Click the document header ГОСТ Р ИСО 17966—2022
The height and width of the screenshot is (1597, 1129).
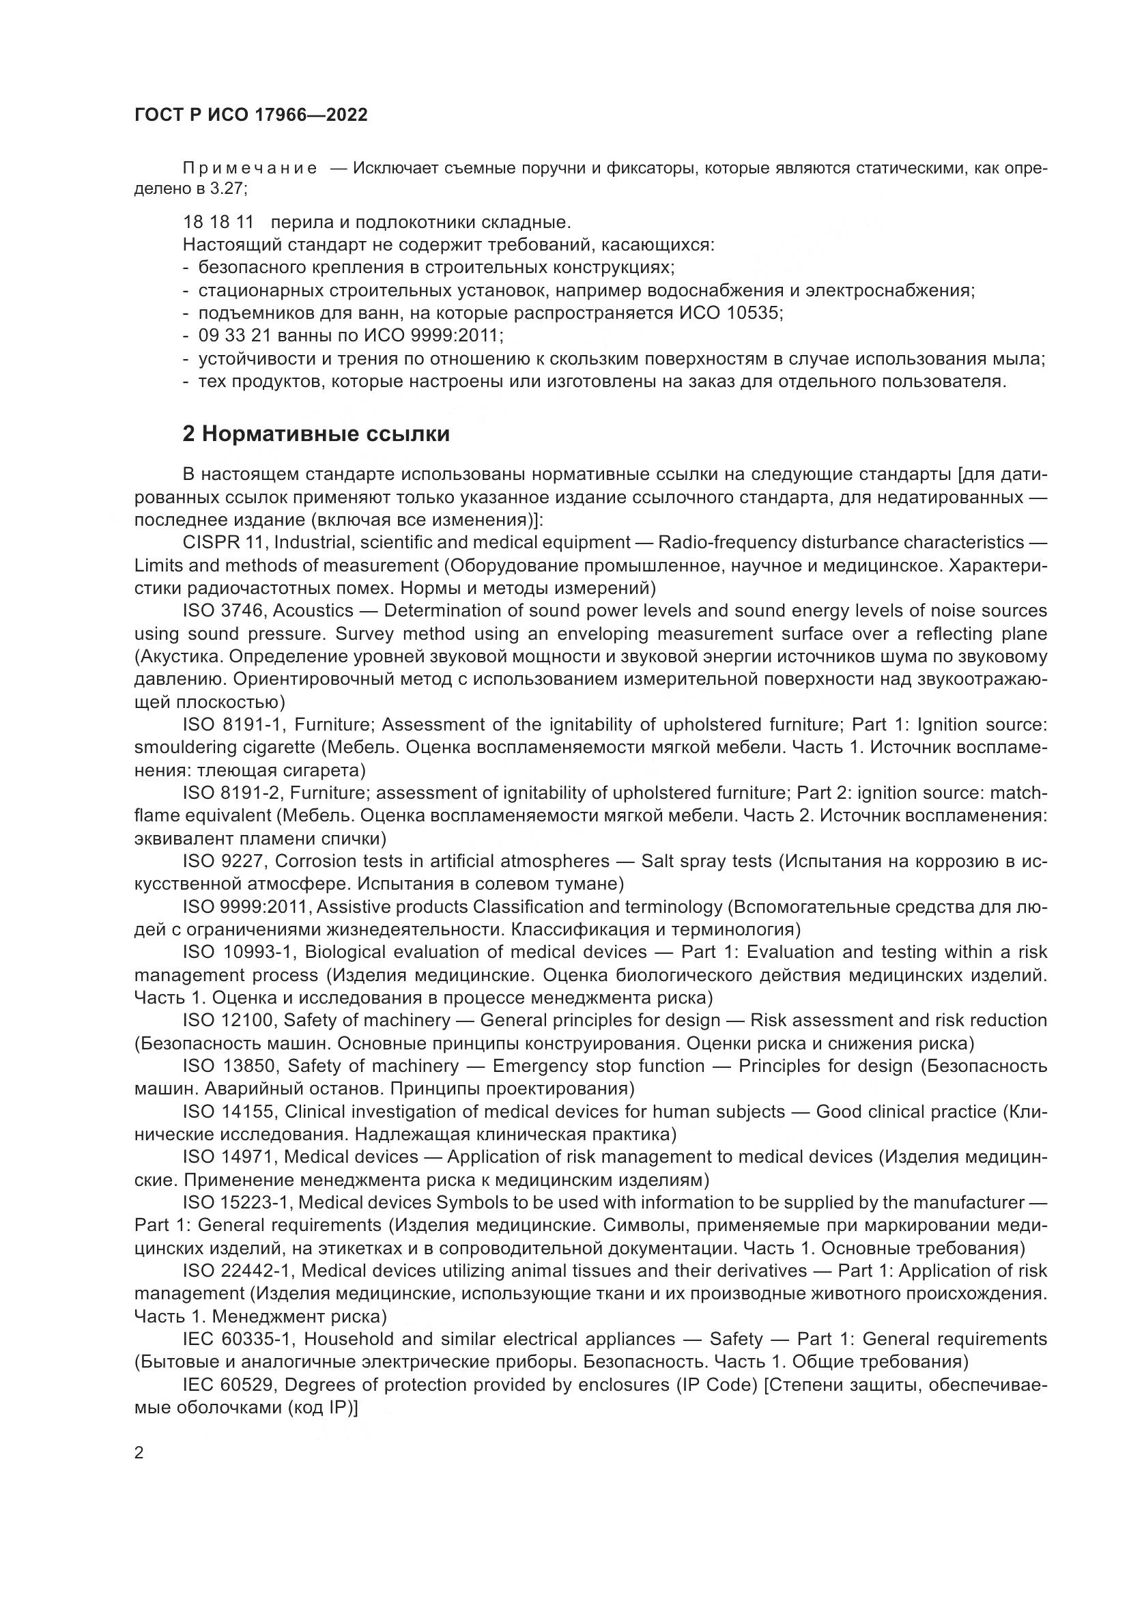pyautogui.click(x=251, y=115)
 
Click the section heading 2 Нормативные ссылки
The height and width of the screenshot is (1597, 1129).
pyautogui.click(x=316, y=434)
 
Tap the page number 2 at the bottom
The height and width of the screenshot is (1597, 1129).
pyautogui.click(x=139, y=1454)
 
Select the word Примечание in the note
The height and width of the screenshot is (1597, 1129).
pyautogui.click(x=251, y=169)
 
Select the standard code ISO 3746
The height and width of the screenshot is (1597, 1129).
pyautogui.click(x=224, y=610)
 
